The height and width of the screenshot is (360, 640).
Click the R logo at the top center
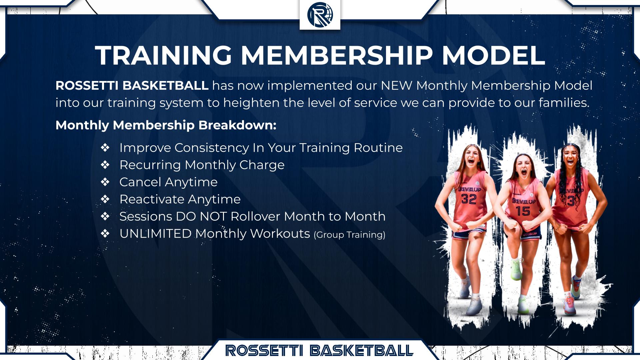[x=320, y=15]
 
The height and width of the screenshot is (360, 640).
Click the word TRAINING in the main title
[x=164, y=55]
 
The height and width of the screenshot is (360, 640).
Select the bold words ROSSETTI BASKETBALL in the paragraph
[x=132, y=86]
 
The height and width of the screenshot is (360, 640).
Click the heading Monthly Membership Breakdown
[x=166, y=125]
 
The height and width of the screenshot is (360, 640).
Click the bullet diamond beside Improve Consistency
[x=105, y=147]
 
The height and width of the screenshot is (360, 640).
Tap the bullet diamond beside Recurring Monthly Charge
[x=105, y=165]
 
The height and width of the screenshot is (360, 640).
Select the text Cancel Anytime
[x=168, y=182]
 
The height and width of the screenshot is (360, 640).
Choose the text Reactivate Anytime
[x=180, y=199]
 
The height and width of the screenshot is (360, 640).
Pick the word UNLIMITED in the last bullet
[x=155, y=234]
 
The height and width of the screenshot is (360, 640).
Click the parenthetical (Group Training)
[x=349, y=235]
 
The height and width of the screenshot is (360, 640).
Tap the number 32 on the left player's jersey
[x=469, y=199]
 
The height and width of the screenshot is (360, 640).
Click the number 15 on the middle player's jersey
[x=523, y=211]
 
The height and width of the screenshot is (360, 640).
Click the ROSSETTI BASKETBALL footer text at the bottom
[x=319, y=350]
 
